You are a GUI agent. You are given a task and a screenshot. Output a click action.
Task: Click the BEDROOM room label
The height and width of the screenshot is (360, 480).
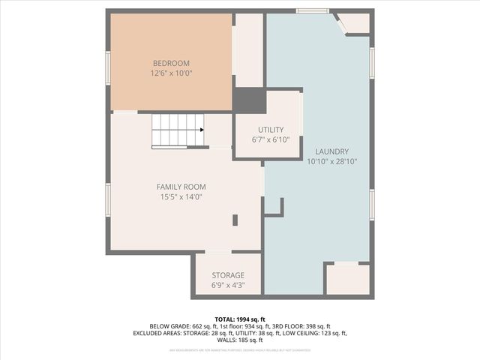click(x=171, y=63)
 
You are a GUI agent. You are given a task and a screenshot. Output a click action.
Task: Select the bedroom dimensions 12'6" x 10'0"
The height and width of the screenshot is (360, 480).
click(x=171, y=73)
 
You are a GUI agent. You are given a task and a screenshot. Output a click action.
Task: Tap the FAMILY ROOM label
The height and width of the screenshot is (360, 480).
click(x=181, y=187)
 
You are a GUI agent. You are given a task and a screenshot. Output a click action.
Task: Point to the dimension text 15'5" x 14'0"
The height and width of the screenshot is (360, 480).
click(x=181, y=197)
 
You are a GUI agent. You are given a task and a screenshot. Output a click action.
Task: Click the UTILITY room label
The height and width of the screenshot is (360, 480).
click(x=271, y=130)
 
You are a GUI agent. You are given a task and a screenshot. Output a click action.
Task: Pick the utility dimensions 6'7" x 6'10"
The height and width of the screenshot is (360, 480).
click(x=271, y=139)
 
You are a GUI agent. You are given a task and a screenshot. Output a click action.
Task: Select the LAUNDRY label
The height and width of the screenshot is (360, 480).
click(x=331, y=151)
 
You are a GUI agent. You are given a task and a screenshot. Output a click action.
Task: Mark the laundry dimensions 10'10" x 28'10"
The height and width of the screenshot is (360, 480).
click(x=331, y=161)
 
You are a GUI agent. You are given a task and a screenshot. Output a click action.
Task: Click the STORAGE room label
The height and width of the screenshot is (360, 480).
click(x=228, y=275)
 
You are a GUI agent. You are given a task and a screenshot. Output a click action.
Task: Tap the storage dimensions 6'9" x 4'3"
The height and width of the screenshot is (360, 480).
click(x=228, y=286)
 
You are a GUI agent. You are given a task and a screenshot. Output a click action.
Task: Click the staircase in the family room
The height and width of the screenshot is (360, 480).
click(x=178, y=130)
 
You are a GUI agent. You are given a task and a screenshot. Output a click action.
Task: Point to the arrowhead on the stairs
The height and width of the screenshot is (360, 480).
click(x=202, y=130)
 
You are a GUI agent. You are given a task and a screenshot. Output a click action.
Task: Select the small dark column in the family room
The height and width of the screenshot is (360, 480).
click(x=235, y=220)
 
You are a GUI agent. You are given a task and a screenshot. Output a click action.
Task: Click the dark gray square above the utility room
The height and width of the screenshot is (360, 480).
click(x=249, y=100)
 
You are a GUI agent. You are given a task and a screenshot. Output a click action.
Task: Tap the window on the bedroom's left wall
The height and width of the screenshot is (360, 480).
click(x=108, y=67)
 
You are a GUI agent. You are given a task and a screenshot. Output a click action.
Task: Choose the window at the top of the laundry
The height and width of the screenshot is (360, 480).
click(x=312, y=11)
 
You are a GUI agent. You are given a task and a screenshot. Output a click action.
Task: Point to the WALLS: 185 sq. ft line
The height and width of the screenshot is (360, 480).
click(x=239, y=340)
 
